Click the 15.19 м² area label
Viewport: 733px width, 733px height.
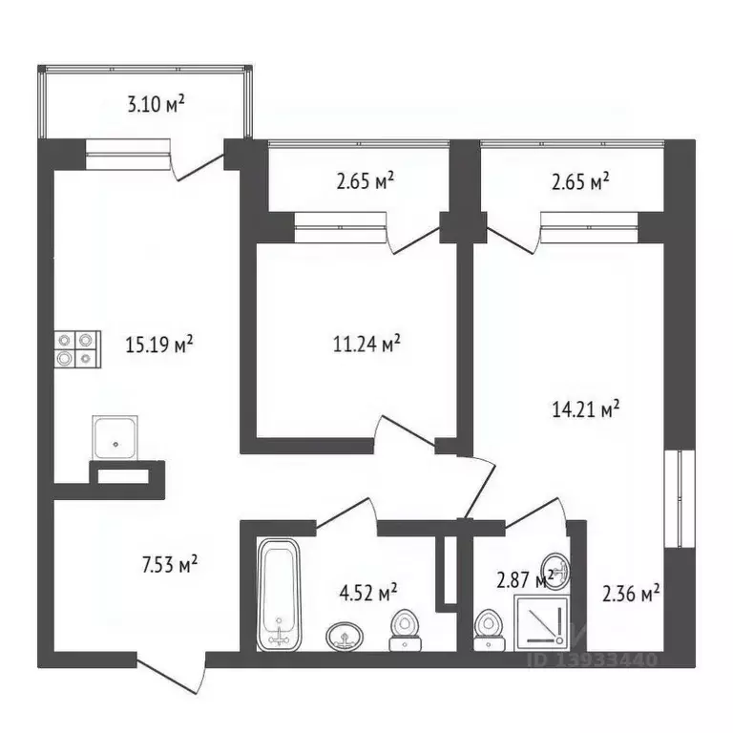[159, 345]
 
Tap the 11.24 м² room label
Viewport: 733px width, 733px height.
[366, 344]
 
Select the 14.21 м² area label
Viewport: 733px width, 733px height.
[586, 409]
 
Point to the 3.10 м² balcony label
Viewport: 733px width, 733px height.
[157, 104]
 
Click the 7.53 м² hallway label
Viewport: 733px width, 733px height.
[169, 564]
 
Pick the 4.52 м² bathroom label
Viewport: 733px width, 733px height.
[368, 593]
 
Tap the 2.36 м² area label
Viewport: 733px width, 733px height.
[631, 594]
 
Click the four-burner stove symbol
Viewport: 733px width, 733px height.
[77, 349]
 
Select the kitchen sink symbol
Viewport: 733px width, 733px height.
[115, 438]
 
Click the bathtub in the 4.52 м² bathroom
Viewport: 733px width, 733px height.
[279, 594]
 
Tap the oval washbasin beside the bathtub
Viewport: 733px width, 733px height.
[345, 636]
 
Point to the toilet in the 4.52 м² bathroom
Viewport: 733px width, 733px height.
[406, 630]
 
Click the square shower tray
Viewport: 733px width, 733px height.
[542, 623]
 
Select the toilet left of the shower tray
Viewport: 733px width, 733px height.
[489, 630]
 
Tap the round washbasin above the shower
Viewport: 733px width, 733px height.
[555, 573]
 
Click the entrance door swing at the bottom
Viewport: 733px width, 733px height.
[172, 672]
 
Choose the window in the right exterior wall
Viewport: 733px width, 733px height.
[680, 498]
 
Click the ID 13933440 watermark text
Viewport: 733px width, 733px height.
[593, 660]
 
